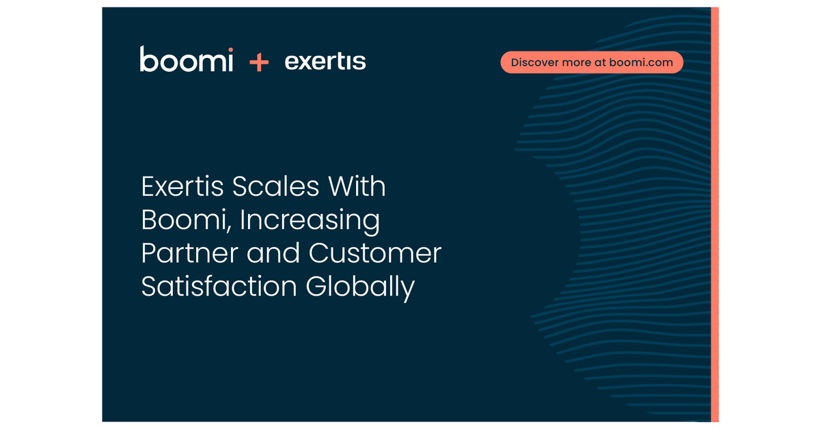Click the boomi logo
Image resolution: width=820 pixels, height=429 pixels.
[x=186, y=60]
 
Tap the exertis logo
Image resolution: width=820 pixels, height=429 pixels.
[x=325, y=62]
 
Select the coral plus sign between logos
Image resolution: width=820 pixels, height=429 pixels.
[x=259, y=63]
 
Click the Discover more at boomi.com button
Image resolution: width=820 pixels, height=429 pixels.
[x=592, y=62]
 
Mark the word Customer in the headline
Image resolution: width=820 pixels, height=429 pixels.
[x=375, y=253]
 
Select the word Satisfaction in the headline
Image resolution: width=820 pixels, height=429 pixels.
[x=219, y=286]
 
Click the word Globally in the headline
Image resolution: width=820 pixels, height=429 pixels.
[x=360, y=287]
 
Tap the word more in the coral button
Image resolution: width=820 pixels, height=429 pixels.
[x=577, y=62]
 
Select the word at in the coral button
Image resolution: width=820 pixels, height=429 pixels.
[x=600, y=62]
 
